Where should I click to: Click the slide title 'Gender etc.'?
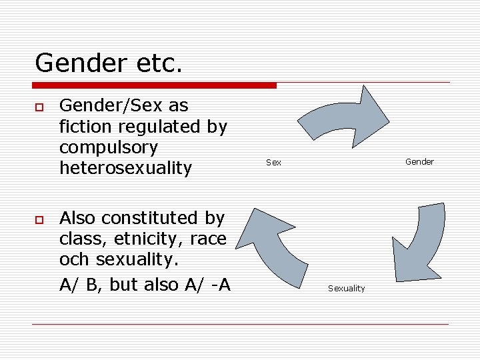(x=109, y=63)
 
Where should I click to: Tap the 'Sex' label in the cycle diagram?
(x=273, y=162)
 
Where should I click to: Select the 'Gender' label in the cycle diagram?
(x=419, y=161)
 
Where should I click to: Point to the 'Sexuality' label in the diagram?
(x=346, y=289)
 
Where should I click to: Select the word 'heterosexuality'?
(x=125, y=168)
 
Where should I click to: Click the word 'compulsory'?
(x=108, y=147)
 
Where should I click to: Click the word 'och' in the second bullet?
(x=73, y=260)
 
